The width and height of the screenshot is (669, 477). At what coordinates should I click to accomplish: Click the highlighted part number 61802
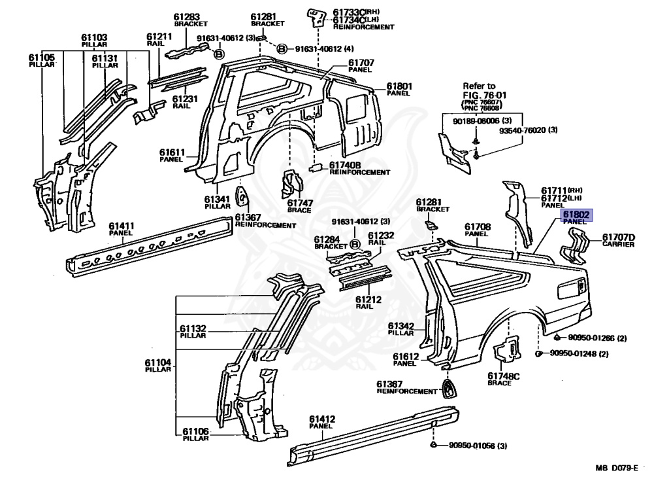[x=574, y=214]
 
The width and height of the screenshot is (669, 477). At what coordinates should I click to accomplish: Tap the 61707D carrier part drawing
[x=575, y=249]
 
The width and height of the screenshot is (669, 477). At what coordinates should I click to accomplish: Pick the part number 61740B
[x=345, y=165]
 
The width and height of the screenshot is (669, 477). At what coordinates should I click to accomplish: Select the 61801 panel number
[x=399, y=86]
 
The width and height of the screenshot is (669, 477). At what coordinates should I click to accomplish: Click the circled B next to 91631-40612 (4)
[x=282, y=48]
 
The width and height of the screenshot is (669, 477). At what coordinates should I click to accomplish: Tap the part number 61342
[x=401, y=325]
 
